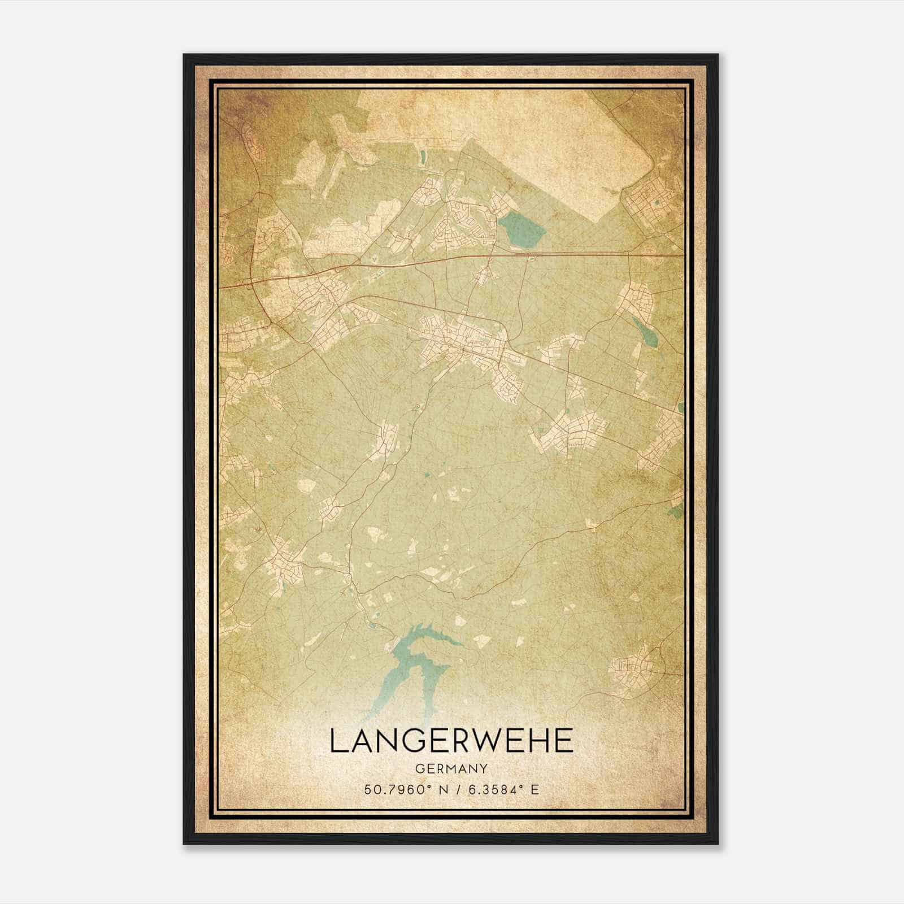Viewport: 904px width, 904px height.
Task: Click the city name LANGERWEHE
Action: (451, 741)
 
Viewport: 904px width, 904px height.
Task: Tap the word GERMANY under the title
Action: (451, 768)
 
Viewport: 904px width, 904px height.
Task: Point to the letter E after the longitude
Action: (534, 789)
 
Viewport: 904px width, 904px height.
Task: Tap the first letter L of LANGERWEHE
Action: (337, 741)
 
